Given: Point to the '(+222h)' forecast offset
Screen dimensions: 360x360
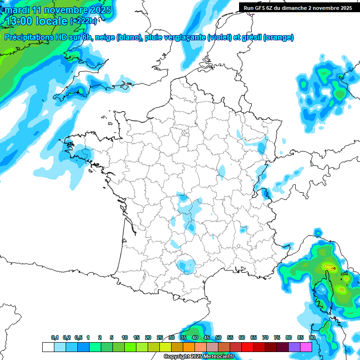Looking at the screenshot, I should click(83, 21).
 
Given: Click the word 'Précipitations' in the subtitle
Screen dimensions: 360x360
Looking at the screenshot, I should click(30, 37).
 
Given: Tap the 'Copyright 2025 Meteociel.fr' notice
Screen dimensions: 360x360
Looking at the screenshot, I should click(199, 357).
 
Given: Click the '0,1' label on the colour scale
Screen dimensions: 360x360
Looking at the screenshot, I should click(55, 337).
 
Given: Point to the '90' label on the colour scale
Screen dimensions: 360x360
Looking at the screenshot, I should click(312, 337).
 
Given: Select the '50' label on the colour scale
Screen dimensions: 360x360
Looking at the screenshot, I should click(218, 337).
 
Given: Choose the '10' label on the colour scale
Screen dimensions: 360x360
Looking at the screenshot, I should click(125, 337).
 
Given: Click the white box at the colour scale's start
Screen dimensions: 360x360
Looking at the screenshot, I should click(48, 347).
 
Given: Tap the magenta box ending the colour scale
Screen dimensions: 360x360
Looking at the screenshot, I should click(306, 347).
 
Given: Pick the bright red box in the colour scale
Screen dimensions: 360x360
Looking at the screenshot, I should click(247, 347).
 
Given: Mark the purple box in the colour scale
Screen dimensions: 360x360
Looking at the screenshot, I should click(294, 347).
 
